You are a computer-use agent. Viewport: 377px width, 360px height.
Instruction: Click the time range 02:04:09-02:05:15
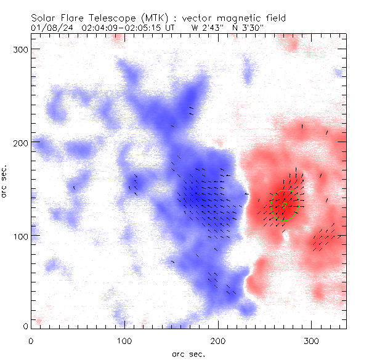coord(120,28)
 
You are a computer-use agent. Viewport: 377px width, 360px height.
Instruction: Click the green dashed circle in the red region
coord(285,206)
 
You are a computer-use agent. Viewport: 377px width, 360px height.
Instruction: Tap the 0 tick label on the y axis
coord(25,326)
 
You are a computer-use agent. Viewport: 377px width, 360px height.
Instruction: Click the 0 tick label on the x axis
coord(31,340)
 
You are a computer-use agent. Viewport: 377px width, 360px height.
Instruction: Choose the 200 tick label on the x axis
coord(218,340)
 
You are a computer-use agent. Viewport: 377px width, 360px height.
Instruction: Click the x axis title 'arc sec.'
coord(188,353)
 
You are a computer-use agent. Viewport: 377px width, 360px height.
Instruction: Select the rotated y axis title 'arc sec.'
coord(5,181)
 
